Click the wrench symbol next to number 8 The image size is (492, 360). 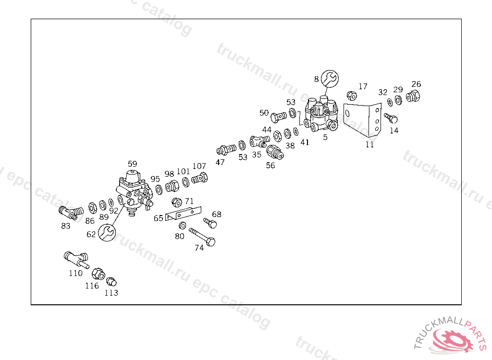[330, 78]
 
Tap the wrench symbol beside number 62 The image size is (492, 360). [106, 233]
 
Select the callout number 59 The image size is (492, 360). [132, 164]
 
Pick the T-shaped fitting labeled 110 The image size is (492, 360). [75, 259]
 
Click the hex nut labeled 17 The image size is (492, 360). [351, 95]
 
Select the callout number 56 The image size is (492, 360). [271, 166]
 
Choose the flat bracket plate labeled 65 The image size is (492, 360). [182, 215]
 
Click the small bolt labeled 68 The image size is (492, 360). [210, 223]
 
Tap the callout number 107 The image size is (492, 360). [199, 167]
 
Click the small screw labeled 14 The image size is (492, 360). [391, 118]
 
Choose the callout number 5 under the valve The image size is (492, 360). [325, 137]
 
